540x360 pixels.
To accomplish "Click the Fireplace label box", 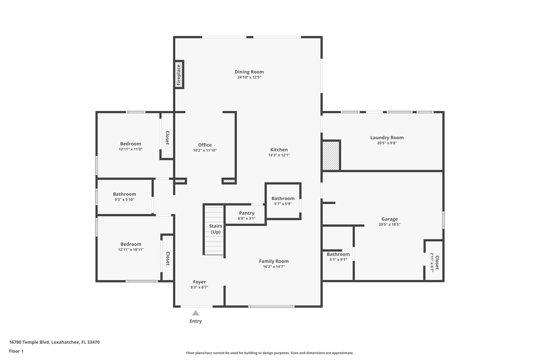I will click(x=178, y=74).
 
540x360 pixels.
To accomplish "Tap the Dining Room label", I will click(x=249, y=72).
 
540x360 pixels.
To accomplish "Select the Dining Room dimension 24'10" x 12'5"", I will click(x=249, y=77).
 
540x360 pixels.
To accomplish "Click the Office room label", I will click(x=204, y=145).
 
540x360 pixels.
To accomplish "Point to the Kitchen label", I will click(x=279, y=149).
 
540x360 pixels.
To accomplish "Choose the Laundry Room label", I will click(x=386, y=137).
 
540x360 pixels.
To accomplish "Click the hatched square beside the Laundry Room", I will click(x=331, y=155).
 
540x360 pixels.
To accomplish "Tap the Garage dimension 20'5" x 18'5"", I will click(x=389, y=224).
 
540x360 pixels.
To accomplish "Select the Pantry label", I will click(x=246, y=213).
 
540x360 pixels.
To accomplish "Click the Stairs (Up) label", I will click(x=215, y=229).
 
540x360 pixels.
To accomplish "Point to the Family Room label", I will click(x=273, y=261).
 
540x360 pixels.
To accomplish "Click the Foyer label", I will click(x=199, y=282).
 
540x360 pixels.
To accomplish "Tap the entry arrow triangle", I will click(x=195, y=313).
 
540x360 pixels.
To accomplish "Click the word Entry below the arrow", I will click(x=195, y=321).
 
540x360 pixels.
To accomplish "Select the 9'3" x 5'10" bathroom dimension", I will click(x=124, y=199).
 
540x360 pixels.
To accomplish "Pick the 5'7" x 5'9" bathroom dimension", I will click(x=283, y=203).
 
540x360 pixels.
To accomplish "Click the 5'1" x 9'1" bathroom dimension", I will click(x=338, y=259).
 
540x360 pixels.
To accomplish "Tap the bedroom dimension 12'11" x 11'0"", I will click(x=130, y=149).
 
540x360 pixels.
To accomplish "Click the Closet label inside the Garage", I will click(x=436, y=262).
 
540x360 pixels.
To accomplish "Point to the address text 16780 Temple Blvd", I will click(x=29, y=342).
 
